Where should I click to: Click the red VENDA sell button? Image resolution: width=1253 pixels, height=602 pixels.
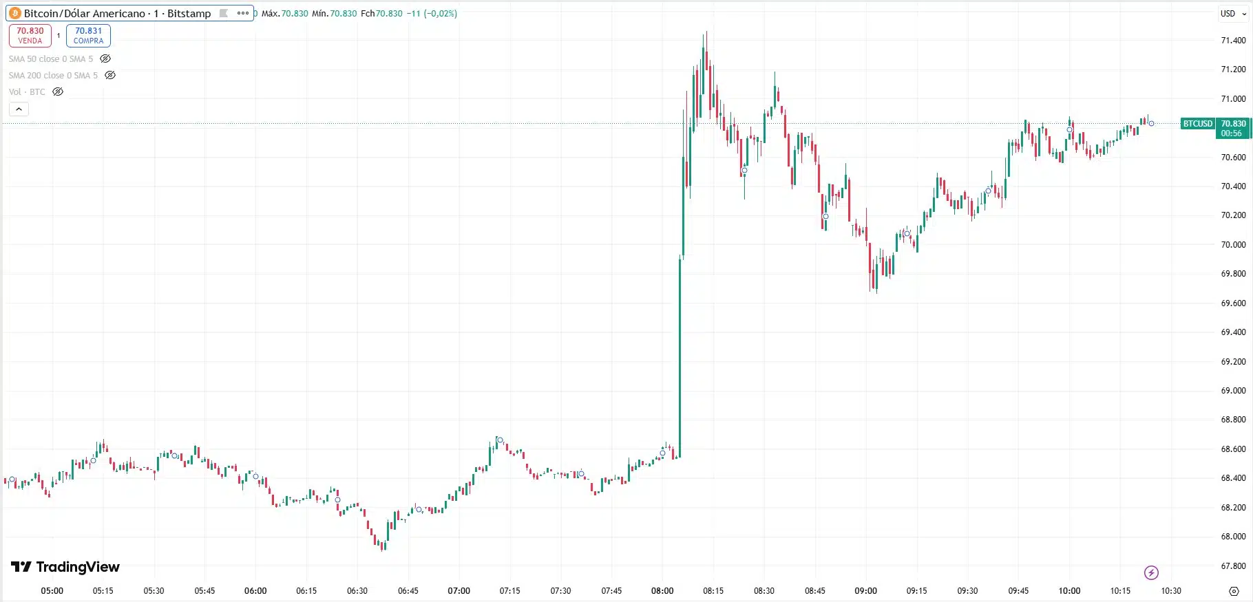(x=30, y=35)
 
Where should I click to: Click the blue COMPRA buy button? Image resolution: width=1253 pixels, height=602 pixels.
(x=88, y=35)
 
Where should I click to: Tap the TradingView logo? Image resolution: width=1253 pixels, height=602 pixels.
(x=65, y=567)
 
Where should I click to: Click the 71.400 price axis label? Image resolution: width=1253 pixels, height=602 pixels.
(x=1233, y=41)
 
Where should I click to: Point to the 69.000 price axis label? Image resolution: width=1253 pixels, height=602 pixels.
(x=1233, y=390)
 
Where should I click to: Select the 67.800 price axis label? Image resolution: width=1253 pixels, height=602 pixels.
(x=1233, y=566)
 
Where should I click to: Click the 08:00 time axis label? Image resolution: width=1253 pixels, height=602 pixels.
(x=662, y=590)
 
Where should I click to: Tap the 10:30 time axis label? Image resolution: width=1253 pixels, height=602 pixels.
(x=1171, y=590)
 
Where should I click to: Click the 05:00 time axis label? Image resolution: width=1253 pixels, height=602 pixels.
(x=52, y=590)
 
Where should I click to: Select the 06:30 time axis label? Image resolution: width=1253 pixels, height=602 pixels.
(x=357, y=590)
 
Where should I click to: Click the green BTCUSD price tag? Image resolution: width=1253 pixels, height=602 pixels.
(x=1197, y=124)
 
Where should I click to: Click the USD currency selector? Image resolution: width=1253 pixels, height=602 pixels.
(x=1228, y=13)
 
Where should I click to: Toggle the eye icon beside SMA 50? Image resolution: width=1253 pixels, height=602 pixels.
(x=105, y=59)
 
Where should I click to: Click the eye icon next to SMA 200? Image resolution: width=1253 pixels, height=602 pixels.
(x=110, y=76)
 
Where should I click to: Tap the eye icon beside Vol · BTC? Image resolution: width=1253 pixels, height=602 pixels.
(x=58, y=92)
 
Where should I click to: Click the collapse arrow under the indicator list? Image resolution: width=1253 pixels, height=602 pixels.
(x=19, y=109)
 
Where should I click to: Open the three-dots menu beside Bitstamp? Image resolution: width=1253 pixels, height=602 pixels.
(x=243, y=13)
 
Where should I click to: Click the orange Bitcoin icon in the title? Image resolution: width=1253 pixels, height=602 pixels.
(x=15, y=13)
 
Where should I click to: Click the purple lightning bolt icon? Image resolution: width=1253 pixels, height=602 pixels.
(x=1151, y=572)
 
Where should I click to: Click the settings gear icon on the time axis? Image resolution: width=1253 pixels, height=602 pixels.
(x=1234, y=591)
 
